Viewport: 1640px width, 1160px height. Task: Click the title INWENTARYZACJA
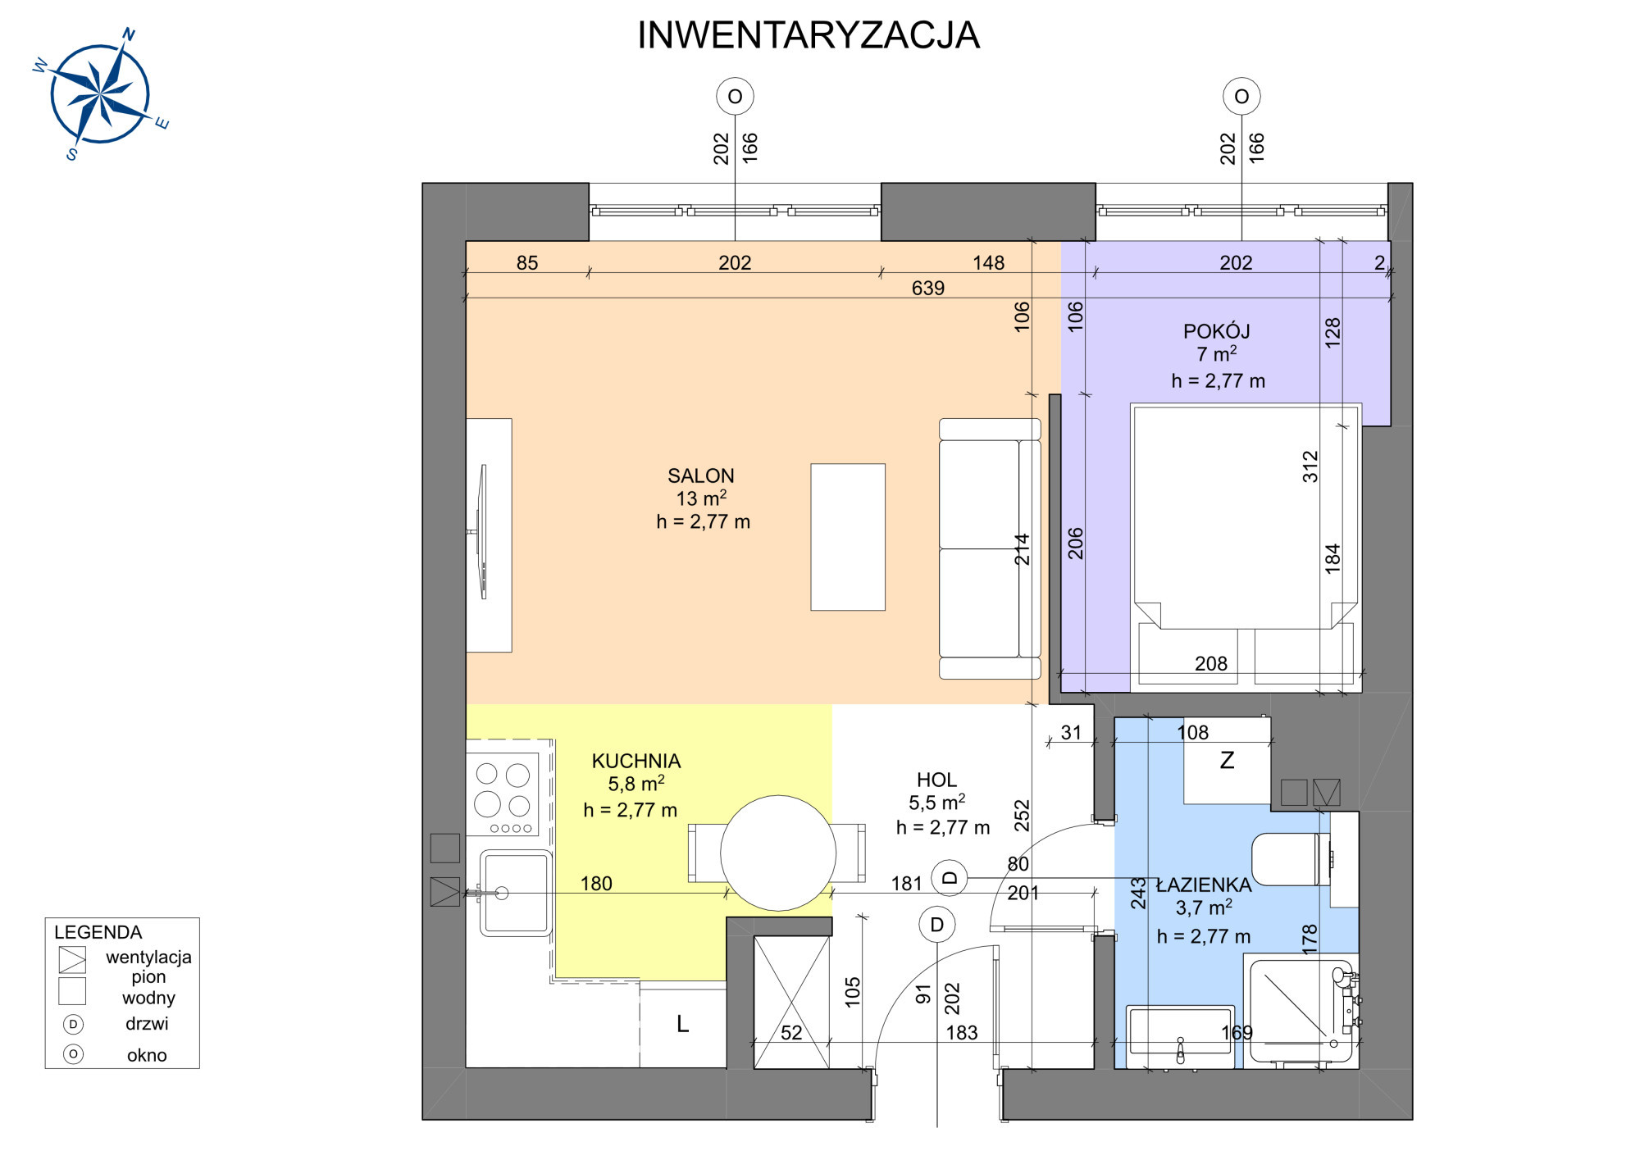pos(809,35)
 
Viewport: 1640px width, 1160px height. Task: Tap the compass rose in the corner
pos(100,93)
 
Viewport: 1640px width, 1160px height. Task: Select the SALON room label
pos(701,475)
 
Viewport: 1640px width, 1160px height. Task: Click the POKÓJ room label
pos(1216,331)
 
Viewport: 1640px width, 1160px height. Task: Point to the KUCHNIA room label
pos(636,761)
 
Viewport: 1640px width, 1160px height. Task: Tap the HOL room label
pos(936,780)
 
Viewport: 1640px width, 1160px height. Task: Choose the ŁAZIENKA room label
pos(1204,885)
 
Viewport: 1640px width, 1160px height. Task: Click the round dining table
pos(778,853)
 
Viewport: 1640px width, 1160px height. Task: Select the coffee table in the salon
pos(848,537)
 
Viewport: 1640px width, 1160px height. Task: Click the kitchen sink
pos(516,893)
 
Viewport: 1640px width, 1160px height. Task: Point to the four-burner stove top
pos(503,794)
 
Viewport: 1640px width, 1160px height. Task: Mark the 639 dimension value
pos(928,288)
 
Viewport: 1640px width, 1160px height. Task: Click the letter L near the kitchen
pos(682,1024)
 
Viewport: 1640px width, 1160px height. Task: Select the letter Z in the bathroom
pos(1227,760)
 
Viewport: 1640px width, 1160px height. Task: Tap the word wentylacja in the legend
pos(148,957)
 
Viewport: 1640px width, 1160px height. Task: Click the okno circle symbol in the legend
pos(73,1054)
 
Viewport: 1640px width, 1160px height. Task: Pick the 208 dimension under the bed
pos(1211,663)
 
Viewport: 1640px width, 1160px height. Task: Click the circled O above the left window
pos(735,97)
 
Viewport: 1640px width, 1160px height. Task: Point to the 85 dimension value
pos(527,262)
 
